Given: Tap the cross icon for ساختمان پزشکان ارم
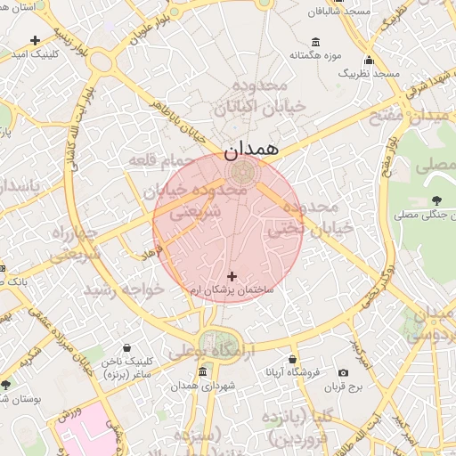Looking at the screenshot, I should pos(232,277).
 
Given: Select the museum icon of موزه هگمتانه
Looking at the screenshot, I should pos(315,42).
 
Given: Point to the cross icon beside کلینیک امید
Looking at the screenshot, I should pos(35,40).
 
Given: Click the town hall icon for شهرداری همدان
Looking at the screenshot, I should pos(203,371).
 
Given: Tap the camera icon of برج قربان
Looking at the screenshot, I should pos(343,372).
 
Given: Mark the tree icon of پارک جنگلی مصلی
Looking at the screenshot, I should pos(436,200).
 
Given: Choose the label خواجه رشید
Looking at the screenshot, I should pos(125,290).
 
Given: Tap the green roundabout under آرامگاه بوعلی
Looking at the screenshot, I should pos(214,343).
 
